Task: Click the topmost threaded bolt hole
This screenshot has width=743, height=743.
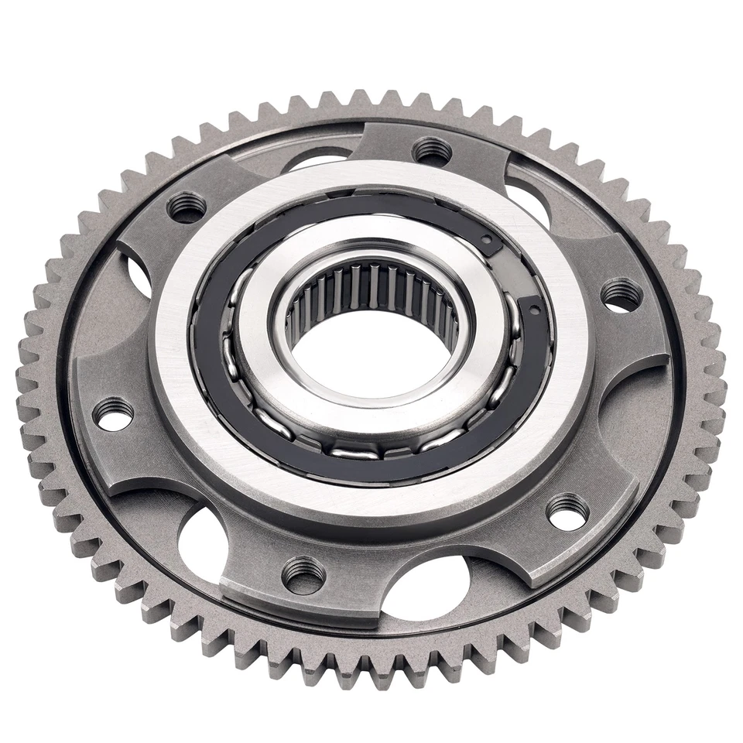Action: [x=431, y=149]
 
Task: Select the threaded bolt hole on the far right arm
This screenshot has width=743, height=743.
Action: [x=621, y=295]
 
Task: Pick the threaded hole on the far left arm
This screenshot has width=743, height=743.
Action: [x=113, y=413]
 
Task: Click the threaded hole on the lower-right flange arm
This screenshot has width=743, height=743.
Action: [x=568, y=512]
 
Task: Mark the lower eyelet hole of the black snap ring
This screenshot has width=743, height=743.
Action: [x=535, y=310]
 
